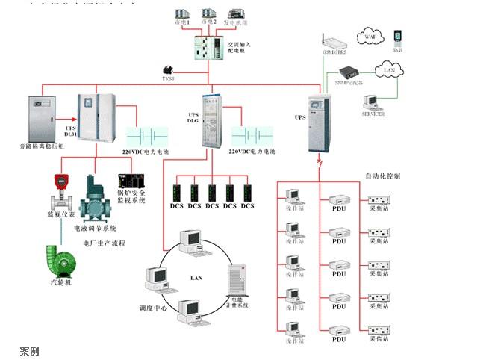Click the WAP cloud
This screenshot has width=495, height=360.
click(371, 36)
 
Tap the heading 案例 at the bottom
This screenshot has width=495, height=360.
click(29, 350)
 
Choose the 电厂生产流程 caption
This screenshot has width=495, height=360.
click(104, 243)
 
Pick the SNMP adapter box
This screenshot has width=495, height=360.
click(349, 72)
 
